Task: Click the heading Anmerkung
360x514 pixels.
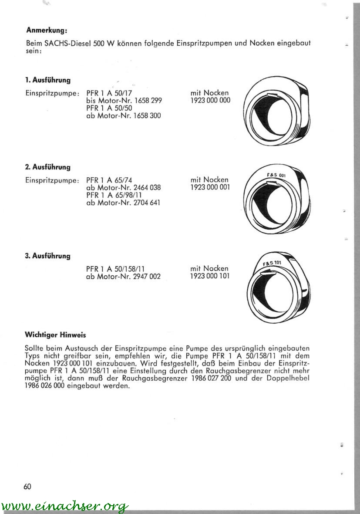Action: coord(47,30)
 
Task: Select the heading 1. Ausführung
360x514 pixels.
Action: coord(48,81)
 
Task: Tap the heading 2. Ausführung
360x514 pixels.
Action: coord(48,167)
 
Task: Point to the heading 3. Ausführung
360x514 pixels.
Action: coord(48,256)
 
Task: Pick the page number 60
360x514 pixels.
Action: coord(27,486)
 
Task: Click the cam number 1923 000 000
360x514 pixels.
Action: coord(210,101)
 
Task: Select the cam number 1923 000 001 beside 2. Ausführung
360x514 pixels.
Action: coord(210,187)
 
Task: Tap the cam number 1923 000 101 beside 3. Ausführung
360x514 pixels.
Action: coord(210,276)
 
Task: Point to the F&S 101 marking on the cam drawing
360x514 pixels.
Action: coord(273,263)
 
